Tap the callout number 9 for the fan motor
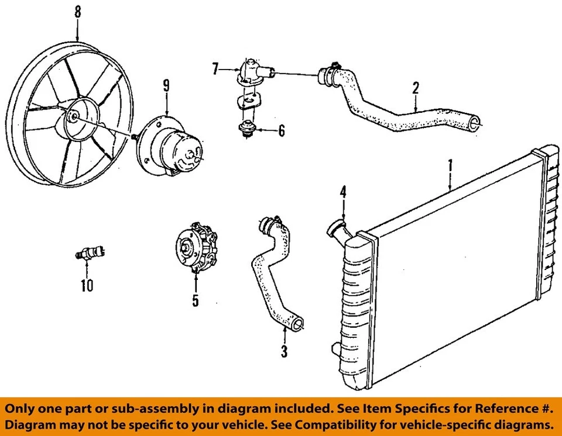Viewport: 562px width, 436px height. point(166,86)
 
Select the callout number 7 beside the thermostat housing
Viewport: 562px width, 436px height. point(215,70)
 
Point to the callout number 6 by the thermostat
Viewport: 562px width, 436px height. point(282,131)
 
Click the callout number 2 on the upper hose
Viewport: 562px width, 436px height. point(415,88)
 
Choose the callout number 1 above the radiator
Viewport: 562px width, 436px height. point(450,165)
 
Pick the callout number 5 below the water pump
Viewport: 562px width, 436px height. point(195,300)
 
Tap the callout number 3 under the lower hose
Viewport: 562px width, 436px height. point(284,351)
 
